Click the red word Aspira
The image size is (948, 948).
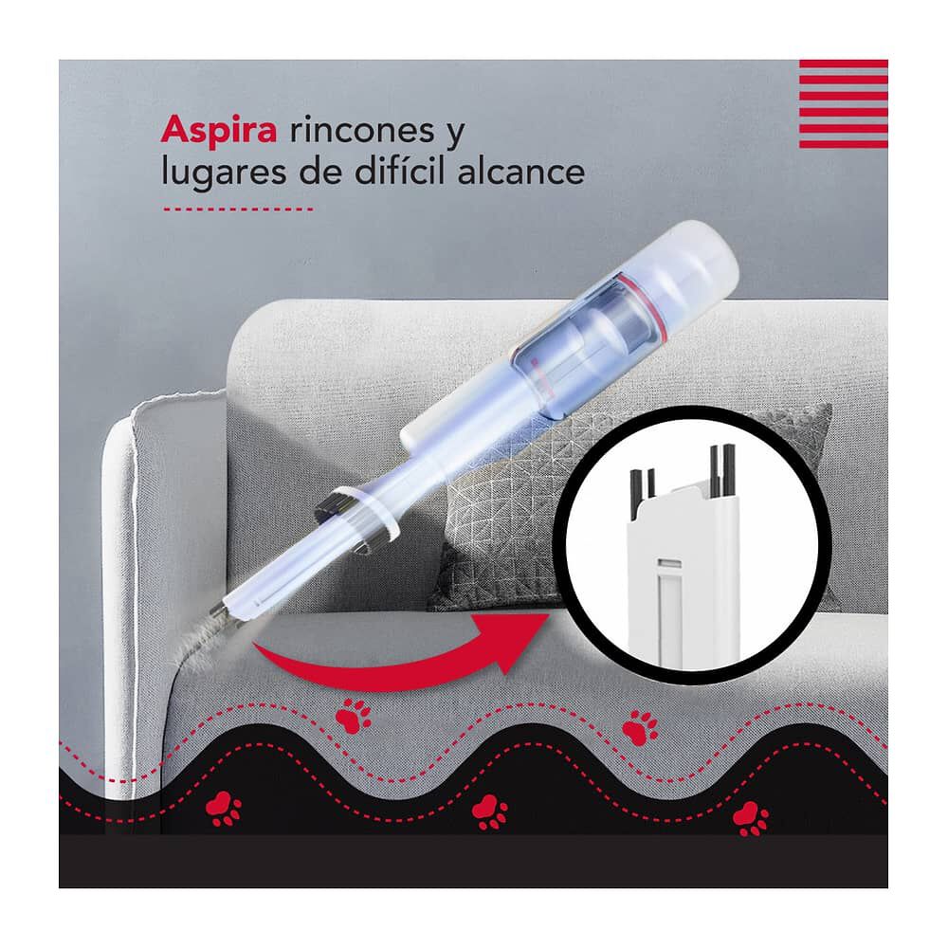pos(219,130)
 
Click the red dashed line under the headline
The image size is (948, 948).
pos(237,209)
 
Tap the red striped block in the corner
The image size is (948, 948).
pos(843,103)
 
